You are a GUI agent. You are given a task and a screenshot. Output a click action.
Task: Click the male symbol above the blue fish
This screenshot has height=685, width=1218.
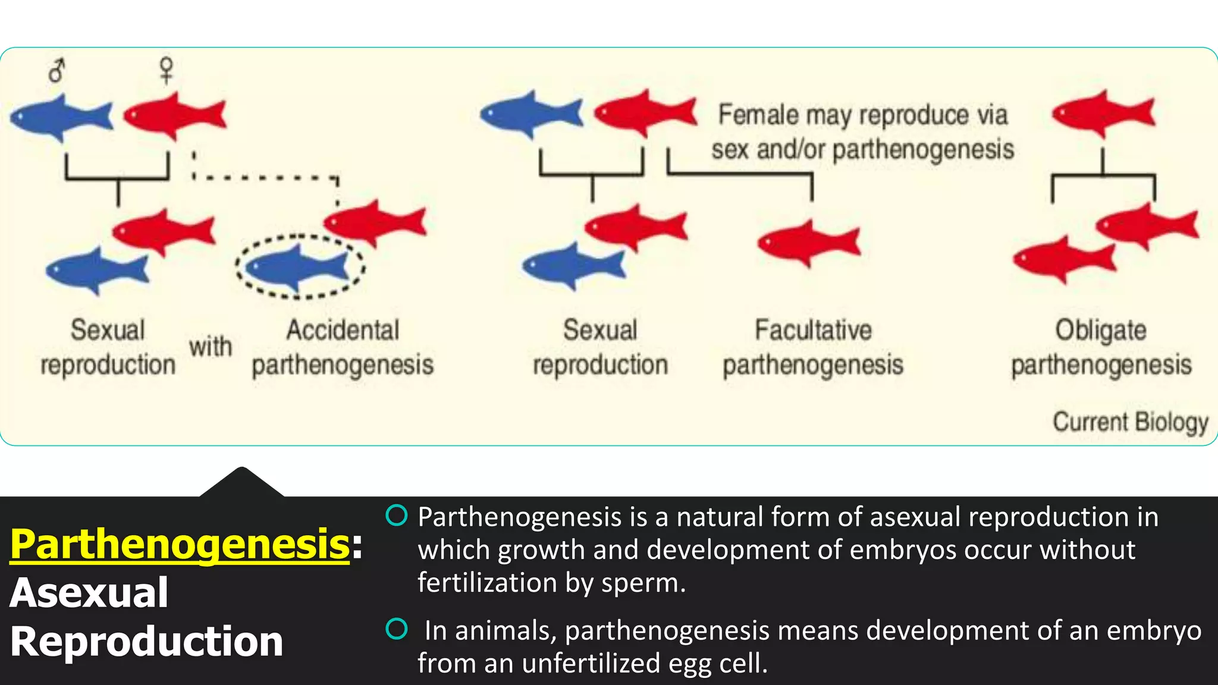coord(56,71)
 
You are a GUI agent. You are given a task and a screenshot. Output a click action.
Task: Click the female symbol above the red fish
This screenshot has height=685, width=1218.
coord(167,70)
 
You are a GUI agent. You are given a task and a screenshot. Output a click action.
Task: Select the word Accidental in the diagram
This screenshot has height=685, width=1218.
coord(343,331)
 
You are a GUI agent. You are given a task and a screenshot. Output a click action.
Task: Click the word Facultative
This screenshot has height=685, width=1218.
coord(813,331)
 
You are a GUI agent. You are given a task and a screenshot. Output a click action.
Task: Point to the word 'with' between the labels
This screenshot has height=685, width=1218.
coord(210,347)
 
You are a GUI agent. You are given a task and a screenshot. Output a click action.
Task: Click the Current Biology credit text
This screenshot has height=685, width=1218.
coord(1130,422)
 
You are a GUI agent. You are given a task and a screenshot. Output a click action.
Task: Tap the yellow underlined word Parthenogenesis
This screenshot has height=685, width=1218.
coord(180,544)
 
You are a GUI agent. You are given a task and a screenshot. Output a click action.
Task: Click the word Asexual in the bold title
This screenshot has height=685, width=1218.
coord(89,593)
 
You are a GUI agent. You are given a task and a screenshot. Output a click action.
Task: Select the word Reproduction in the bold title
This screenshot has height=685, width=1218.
coord(146,642)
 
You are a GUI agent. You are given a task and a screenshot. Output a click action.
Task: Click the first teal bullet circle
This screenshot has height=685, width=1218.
coord(397,516)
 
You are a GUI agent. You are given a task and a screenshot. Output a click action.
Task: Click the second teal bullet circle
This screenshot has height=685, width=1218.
coord(397,629)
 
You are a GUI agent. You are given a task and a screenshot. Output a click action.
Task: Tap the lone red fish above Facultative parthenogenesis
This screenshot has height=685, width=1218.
coord(809,243)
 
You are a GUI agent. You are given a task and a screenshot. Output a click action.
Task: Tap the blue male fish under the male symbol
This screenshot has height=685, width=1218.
coord(61,117)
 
